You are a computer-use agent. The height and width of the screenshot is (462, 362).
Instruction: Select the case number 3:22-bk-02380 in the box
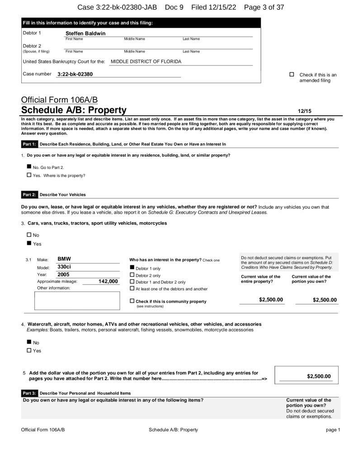click(75, 74)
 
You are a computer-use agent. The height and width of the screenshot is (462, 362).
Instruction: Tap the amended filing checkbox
click(292, 75)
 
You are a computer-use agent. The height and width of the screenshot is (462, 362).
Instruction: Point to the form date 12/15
click(304, 110)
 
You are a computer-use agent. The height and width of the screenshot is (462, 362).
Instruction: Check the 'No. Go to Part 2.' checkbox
click(30, 167)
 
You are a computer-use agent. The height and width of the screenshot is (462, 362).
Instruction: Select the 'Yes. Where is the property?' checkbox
click(30, 175)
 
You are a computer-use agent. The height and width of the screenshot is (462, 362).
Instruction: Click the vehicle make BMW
click(65, 259)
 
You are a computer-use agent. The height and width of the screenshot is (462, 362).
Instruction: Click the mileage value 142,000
click(108, 281)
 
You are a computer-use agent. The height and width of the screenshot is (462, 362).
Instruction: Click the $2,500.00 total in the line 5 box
click(319, 376)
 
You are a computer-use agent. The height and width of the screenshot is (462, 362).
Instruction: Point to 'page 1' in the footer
click(333, 429)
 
